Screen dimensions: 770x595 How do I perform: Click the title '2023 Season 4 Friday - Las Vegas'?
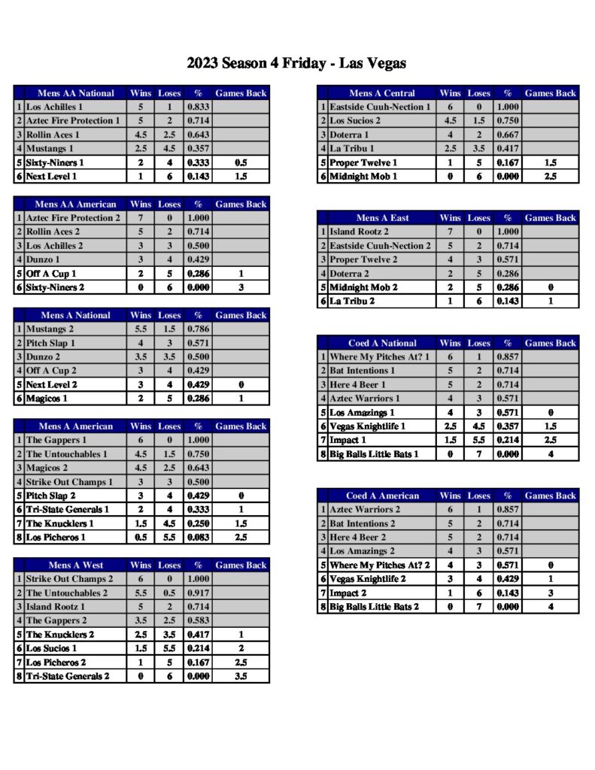296,63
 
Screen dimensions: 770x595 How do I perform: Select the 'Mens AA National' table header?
76,93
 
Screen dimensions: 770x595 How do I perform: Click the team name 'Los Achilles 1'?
54,108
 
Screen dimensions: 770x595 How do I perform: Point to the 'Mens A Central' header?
382,93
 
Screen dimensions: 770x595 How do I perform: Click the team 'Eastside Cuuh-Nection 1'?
380,108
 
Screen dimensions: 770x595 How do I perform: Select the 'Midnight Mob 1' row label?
363,177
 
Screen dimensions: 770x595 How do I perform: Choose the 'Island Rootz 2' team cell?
359,232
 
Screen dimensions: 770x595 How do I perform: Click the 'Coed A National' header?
382,343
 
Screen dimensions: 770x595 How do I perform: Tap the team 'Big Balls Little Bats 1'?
374,454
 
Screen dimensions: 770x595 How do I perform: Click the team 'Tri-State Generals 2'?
68,676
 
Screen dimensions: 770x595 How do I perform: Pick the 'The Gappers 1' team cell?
56,440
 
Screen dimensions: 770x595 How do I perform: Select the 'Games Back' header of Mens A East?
550,218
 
